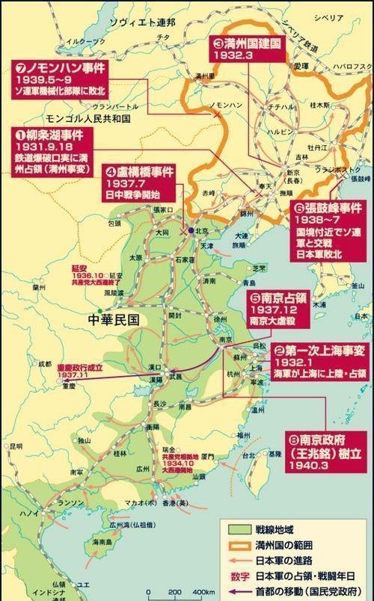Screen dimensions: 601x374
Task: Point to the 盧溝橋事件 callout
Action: (141, 182)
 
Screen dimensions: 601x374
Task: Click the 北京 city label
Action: (202, 230)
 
